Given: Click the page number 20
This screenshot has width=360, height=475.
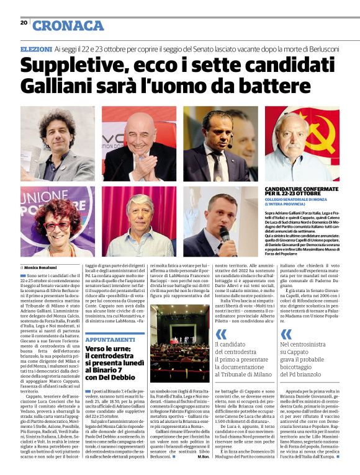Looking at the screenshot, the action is coord(24,22).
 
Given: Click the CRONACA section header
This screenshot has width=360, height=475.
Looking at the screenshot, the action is coord(68,25).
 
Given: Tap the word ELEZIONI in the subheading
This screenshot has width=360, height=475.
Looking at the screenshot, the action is coord(36,48).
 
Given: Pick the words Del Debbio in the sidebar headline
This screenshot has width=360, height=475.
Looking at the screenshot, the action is coord(112,377).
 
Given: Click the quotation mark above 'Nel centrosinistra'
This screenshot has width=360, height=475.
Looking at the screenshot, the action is coord(286,334).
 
